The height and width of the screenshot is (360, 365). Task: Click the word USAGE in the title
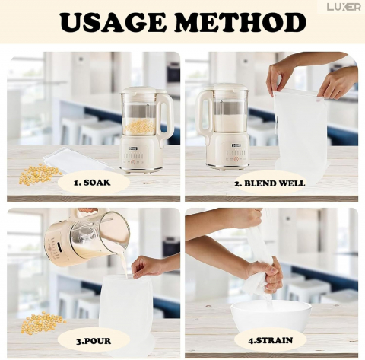(112, 22)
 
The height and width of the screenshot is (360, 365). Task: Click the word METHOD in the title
(240, 22)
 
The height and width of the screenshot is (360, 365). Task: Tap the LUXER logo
(344, 7)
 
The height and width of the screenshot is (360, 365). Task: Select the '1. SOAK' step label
(92, 183)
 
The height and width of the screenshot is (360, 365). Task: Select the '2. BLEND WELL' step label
(269, 183)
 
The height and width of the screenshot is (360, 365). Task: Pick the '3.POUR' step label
(94, 341)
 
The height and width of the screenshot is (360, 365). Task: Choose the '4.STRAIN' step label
(270, 340)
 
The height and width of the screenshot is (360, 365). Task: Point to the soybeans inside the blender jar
(140, 127)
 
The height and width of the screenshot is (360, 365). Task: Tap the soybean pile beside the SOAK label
(40, 174)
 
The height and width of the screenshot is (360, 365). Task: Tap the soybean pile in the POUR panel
(42, 323)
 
